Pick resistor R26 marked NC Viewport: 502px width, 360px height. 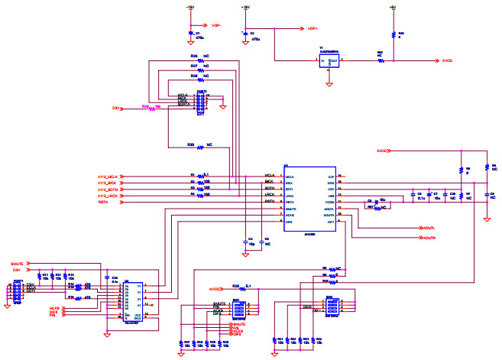point(201,58)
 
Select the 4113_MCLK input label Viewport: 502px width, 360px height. point(108,177)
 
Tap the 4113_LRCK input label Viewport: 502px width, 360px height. point(108,196)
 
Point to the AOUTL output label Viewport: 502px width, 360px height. point(429,228)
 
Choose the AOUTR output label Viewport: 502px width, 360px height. point(429,238)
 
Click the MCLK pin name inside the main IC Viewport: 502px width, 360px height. point(290,177)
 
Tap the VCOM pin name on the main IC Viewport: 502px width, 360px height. point(330,202)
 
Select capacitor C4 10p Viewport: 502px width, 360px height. point(244,242)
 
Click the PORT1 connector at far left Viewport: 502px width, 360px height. point(18,291)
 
